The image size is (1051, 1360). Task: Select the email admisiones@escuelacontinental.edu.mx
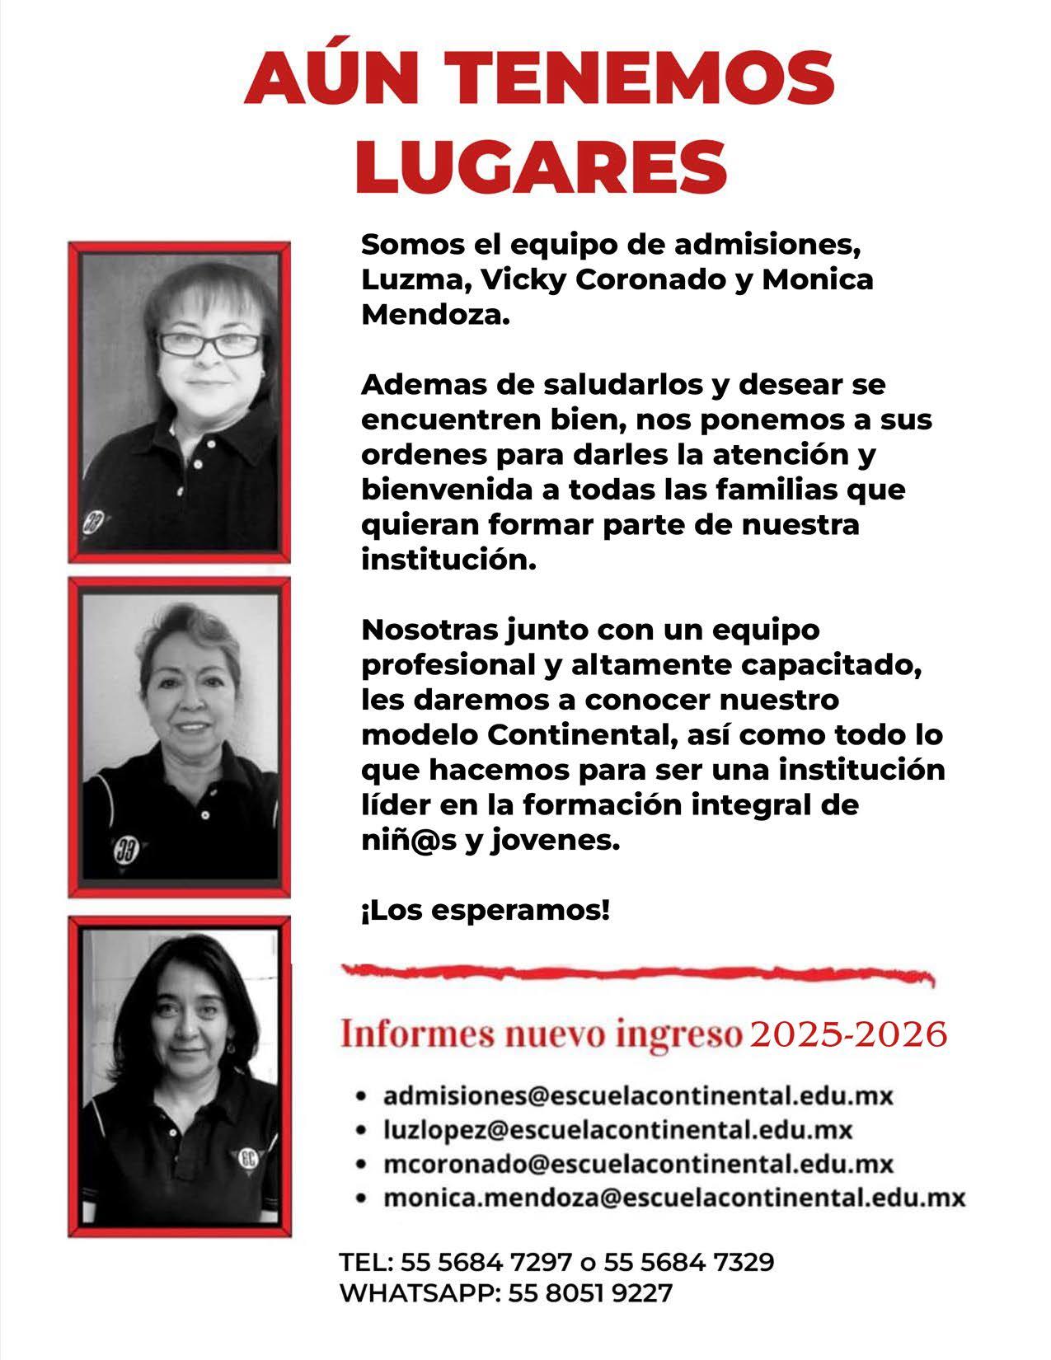[638, 1096]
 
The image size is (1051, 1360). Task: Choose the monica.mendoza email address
[673, 1197]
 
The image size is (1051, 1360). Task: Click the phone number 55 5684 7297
[486, 1262]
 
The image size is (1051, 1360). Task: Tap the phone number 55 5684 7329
[688, 1262]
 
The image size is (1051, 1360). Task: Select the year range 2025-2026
[848, 1034]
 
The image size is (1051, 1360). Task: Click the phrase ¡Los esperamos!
[486, 911]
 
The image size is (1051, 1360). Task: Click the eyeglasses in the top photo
[210, 344]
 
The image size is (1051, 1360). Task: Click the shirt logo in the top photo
[92, 522]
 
